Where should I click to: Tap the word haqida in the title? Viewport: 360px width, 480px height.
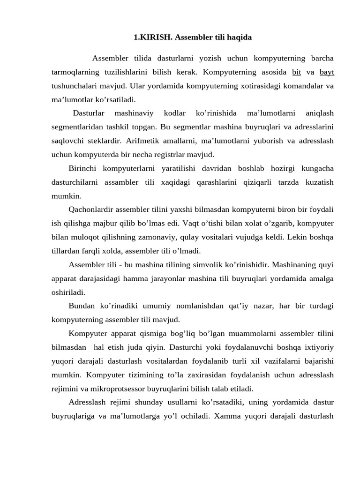tap(237, 37)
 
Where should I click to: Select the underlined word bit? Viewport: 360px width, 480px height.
tap(296, 72)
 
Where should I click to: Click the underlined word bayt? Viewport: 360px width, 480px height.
tap(327, 72)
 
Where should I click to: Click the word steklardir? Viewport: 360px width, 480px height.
tap(109, 141)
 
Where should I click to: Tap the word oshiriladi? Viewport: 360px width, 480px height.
tap(68, 292)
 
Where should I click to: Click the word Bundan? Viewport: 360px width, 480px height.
tap(82, 306)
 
